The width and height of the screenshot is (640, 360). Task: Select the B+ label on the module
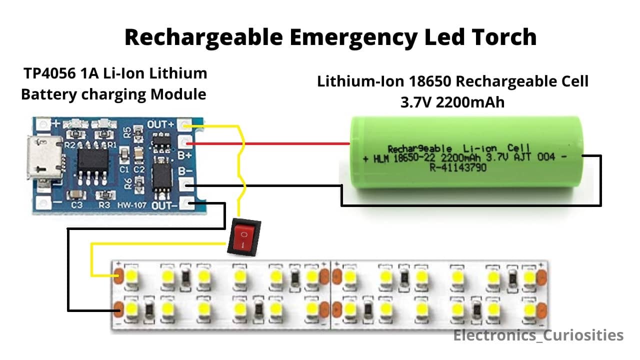[x=185, y=155]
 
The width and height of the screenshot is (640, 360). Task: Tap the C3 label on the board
[x=76, y=205]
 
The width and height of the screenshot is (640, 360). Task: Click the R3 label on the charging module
[x=104, y=205]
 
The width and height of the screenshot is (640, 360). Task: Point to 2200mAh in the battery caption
[x=470, y=102]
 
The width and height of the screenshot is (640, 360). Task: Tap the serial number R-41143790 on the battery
[x=457, y=168]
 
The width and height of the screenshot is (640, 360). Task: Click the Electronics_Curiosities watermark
[x=538, y=335]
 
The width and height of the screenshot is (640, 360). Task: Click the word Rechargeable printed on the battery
[x=419, y=148]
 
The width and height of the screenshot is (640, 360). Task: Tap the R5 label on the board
[x=128, y=132]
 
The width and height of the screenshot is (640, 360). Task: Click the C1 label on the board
[x=125, y=169]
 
